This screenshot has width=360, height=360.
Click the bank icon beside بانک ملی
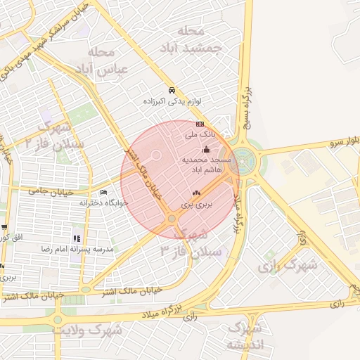pos(200,122)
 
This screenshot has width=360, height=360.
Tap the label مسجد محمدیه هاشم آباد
pos(202,165)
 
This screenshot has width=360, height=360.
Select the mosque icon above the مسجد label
pos(206,149)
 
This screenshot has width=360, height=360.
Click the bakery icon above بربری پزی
pos(196,193)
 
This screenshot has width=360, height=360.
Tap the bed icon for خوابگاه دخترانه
pos(104,192)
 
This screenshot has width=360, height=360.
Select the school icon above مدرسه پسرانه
pos(77,238)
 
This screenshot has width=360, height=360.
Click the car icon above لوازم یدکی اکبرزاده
pos(172,91)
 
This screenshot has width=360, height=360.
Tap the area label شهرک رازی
pos(287,266)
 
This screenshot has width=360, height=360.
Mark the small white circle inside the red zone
pos(157,155)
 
